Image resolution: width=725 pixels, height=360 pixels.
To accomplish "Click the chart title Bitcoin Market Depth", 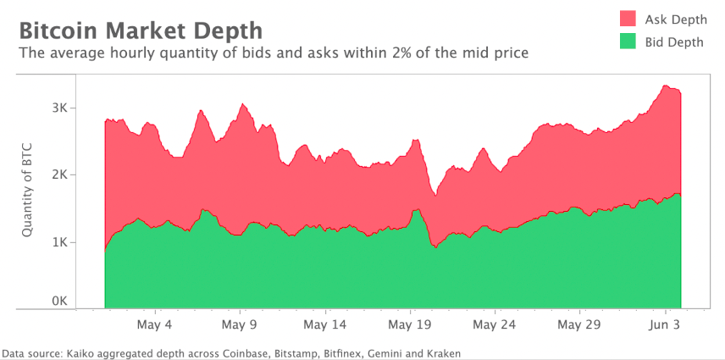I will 141,30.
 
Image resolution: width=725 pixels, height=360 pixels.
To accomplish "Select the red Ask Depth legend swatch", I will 627,19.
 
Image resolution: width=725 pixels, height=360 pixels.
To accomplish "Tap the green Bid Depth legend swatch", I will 627,42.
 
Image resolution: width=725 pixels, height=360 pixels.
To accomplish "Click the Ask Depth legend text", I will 675,19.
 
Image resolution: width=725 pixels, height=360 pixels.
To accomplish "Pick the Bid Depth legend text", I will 674,42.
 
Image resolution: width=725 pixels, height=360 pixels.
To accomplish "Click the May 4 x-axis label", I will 154,324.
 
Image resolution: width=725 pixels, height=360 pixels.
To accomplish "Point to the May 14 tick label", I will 325,324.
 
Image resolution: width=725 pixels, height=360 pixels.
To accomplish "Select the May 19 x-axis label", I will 411,324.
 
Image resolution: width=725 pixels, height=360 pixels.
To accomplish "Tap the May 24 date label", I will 495,324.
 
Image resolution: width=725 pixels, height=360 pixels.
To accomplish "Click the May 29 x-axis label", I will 580,324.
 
